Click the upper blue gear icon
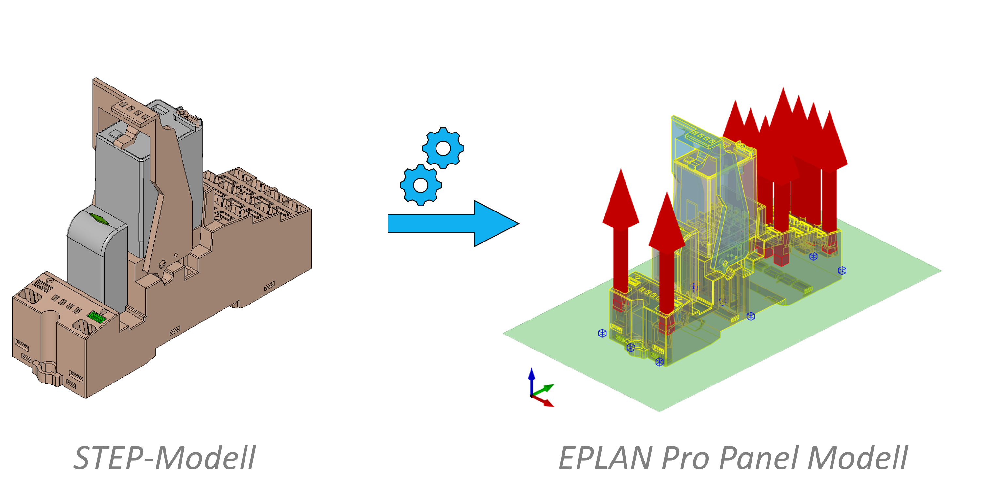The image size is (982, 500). pyautogui.click(x=443, y=148)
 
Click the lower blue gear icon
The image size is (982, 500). pyautogui.click(x=420, y=185)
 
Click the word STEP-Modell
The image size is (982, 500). pyautogui.click(x=164, y=458)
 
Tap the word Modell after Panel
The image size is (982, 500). pyautogui.click(x=857, y=458)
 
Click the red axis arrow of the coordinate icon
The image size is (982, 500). pyautogui.click(x=545, y=402)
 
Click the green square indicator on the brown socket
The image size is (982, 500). pyautogui.click(x=96, y=316)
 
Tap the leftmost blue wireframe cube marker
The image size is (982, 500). pyautogui.click(x=602, y=334)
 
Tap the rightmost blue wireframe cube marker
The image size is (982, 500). pyautogui.click(x=842, y=271)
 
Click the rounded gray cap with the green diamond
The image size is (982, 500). pyautogui.click(x=97, y=244)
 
